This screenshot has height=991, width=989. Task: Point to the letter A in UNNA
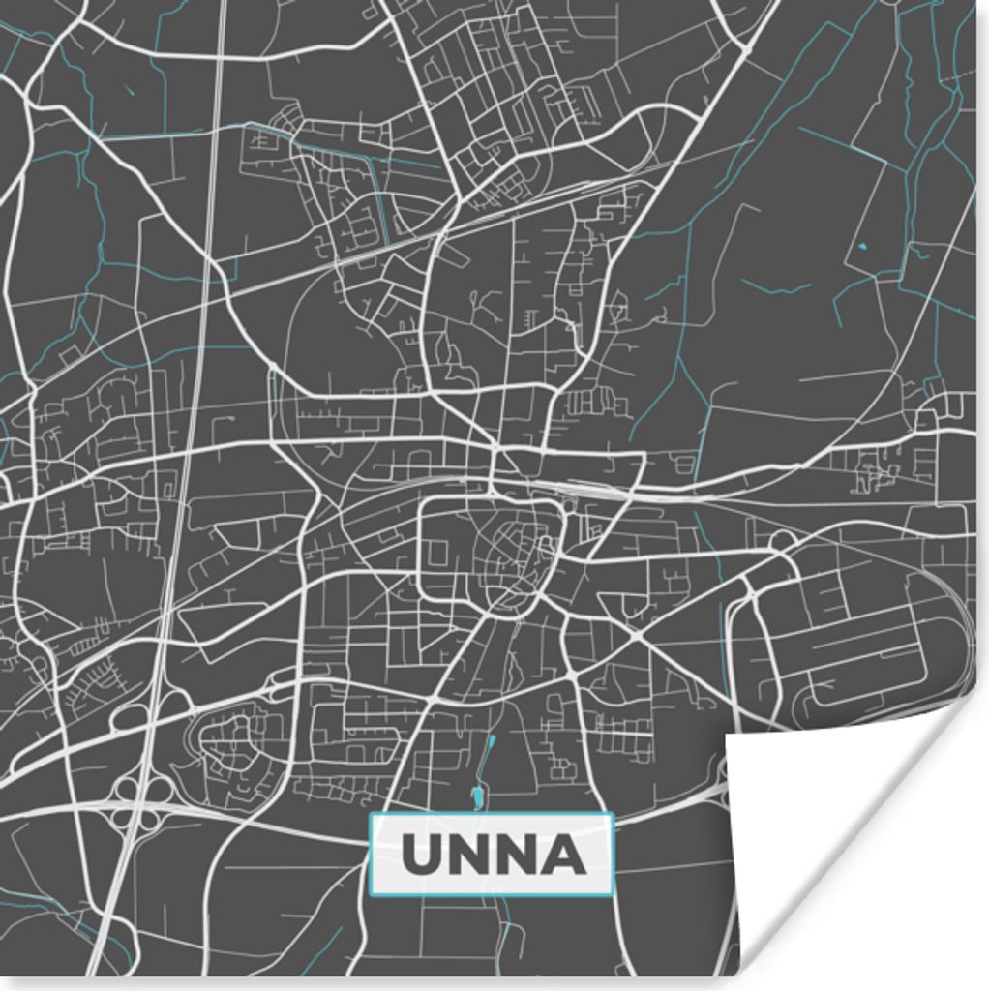pos(565,855)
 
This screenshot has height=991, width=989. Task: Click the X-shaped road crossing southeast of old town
pos(634,638)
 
